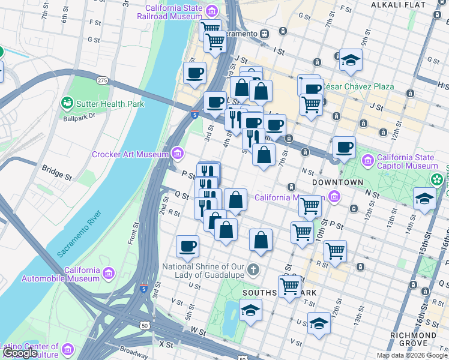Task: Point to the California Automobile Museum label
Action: pyautogui.click(x=61, y=274)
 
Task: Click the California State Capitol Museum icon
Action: pyautogui.click(x=367, y=161)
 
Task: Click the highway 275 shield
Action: pyautogui.click(x=102, y=80)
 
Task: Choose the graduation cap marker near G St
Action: pyautogui.click(x=351, y=60)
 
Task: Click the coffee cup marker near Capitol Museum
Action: pyautogui.click(x=344, y=147)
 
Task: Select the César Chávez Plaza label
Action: pyautogui.click(x=358, y=86)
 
